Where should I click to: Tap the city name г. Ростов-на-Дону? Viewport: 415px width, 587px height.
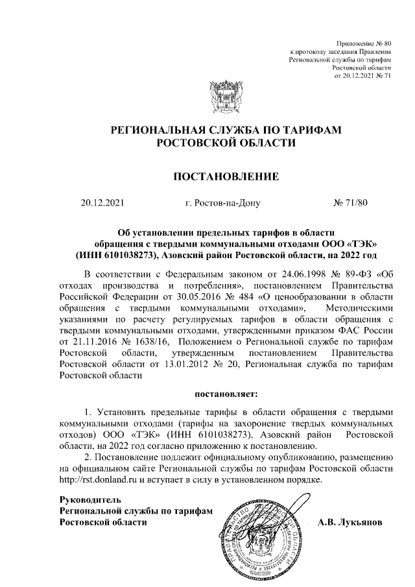coord(222,203)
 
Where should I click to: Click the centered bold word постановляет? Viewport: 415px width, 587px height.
coord(225,393)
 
